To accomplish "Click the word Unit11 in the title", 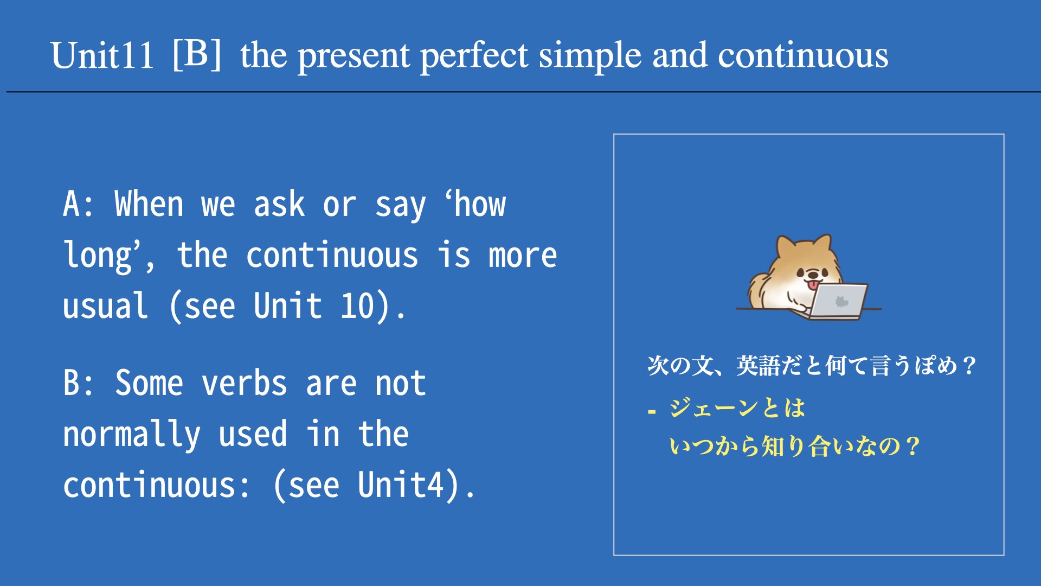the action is click(102, 55).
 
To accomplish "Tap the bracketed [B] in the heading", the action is click(197, 54).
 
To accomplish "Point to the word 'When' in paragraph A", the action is click(149, 204).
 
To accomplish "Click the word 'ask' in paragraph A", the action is click(279, 204).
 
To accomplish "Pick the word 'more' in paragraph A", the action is click(523, 256).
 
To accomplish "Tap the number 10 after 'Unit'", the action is click(358, 305).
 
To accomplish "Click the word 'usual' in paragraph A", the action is click(105, 305).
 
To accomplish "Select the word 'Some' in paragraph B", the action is click(149, 383).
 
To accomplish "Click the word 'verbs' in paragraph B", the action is click(245, 383).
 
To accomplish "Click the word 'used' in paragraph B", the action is click(253, 434).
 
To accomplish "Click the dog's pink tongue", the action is click(813, 284).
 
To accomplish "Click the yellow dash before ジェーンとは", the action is click(652, 412).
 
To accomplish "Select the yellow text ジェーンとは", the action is click(737, 408).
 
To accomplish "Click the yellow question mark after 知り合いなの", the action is click(913, 447).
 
